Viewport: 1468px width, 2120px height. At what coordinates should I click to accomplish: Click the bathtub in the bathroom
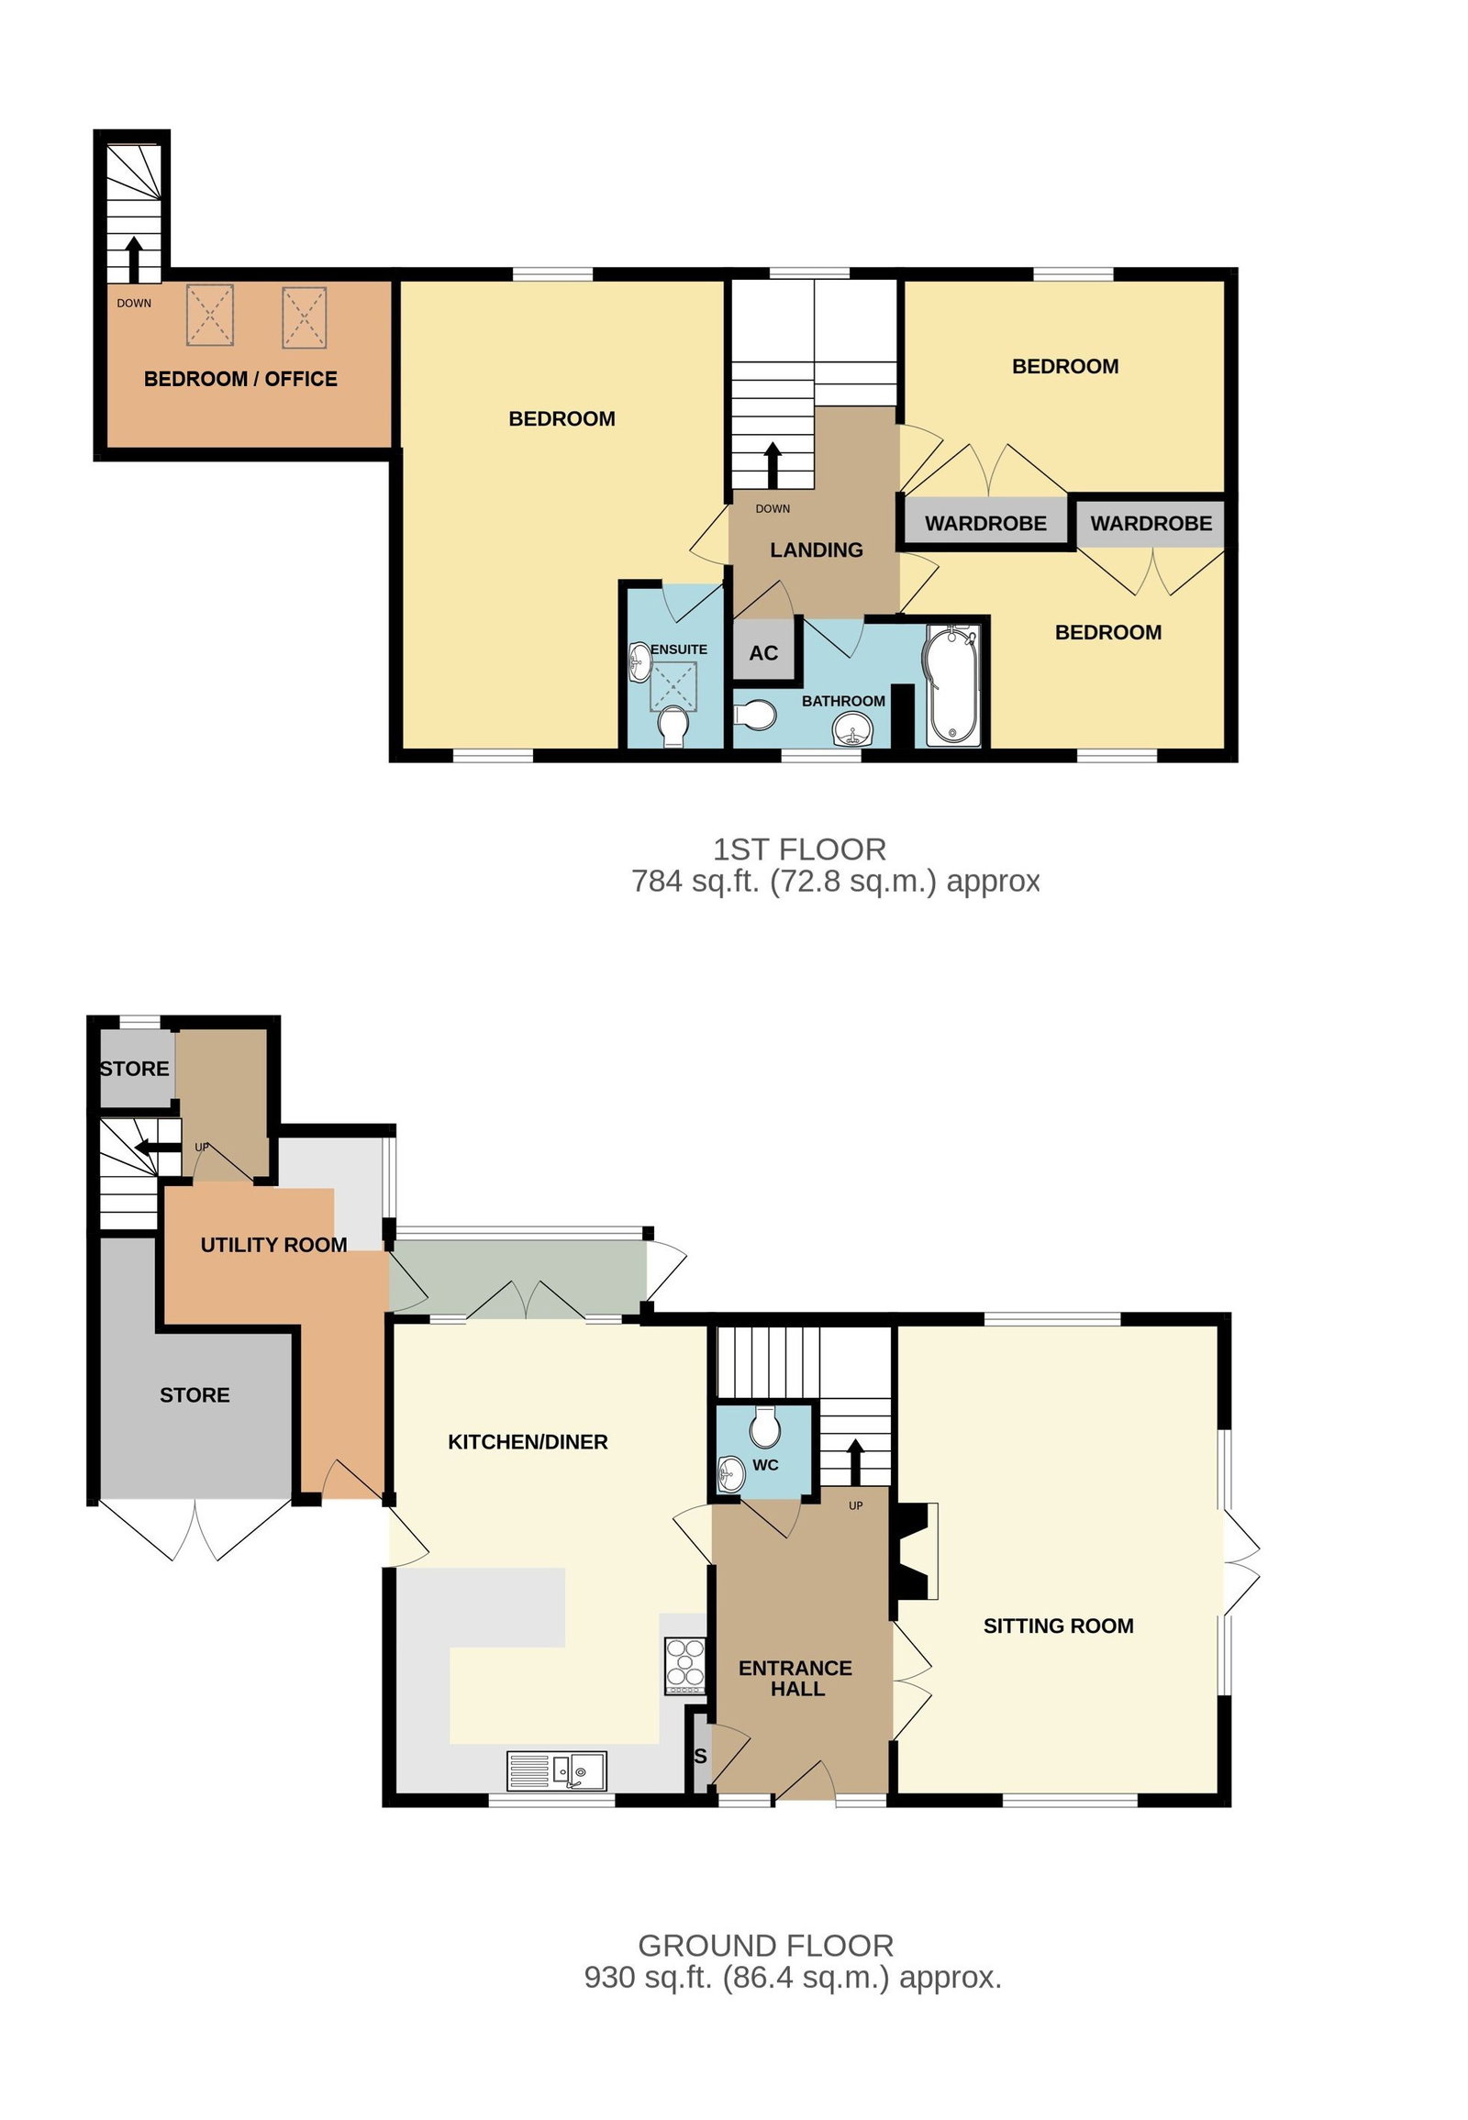click(954, 685)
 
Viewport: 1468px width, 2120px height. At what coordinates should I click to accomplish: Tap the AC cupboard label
click(763, 653)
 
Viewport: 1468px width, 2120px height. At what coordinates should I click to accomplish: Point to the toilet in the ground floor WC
click(765, 1426)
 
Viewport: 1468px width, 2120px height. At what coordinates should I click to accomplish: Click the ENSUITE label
click(679, 649)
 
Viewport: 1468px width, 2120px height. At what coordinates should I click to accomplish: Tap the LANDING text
click(817, 550)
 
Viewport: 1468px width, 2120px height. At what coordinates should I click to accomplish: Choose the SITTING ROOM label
click(1059, 1626)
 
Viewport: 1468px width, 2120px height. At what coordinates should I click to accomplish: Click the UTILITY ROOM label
click(274, 1245)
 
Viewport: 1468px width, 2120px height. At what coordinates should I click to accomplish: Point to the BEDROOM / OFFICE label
click(241, 379)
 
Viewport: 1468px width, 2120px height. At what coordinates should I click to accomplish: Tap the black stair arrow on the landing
click(773, 465)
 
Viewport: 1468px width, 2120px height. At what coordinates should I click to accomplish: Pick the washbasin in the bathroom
click(852, 733)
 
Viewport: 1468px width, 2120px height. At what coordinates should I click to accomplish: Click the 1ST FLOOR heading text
click(800, 849)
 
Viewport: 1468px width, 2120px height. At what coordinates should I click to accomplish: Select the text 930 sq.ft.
click(649, 1977)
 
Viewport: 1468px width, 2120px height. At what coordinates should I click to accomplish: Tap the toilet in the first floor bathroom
click(755, 715)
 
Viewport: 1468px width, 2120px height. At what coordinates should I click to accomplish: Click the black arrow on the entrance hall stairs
click(855, 1462)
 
